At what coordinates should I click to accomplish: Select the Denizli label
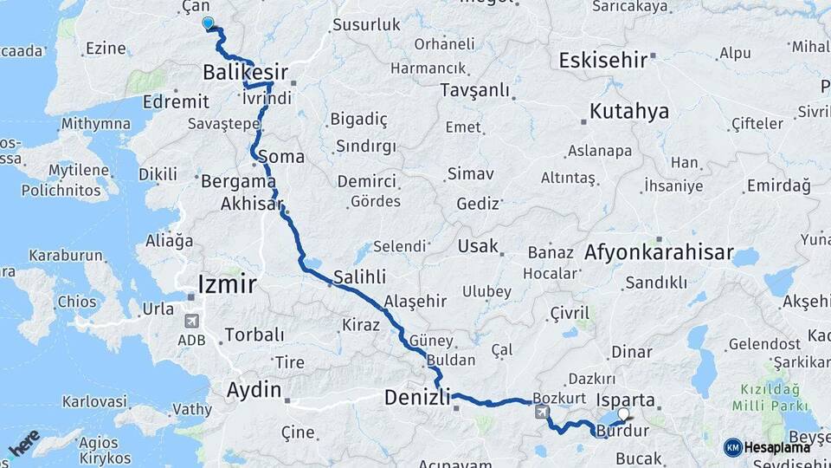[417, 398]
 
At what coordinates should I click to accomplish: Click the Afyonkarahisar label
[660, 254]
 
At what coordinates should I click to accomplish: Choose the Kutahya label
[630, 111]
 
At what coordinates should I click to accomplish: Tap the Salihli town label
[360, 276]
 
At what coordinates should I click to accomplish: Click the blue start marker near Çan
[207, 23]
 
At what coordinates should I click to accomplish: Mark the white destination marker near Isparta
[622, 413]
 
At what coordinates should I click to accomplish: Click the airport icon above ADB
[191, 321]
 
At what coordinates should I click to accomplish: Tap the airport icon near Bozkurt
[542, 413]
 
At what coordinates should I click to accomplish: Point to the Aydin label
[254, 390]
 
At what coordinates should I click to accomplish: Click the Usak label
[479, 246]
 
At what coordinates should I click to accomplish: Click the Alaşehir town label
[415, 301]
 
